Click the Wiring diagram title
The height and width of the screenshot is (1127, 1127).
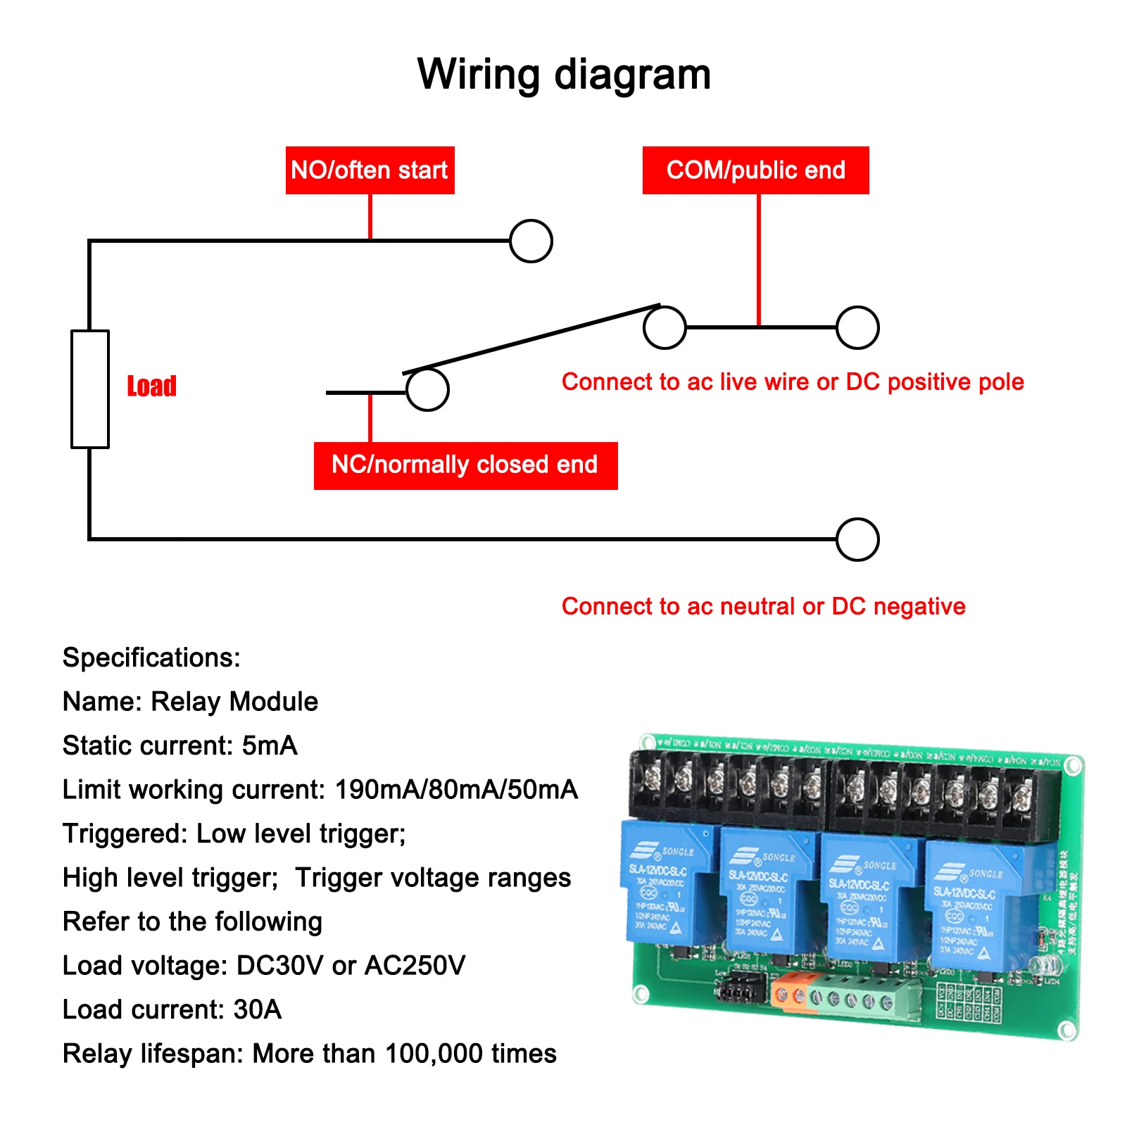tap(563, 75)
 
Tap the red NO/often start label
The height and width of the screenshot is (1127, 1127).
tap(370, 170)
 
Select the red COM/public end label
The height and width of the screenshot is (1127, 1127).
tap(755, 170)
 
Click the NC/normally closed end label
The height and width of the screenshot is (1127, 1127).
tap(465, 465)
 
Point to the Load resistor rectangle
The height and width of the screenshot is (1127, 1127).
tap(90, 389)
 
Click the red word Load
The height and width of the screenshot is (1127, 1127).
tap(151, 386)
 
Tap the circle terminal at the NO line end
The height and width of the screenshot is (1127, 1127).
tap(531, 241)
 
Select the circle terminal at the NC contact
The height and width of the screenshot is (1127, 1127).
tap(427, 390)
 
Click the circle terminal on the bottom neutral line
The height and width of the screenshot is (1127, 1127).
tap(857, 539)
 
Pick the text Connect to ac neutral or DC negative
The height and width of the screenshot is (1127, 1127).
tap(763, 606)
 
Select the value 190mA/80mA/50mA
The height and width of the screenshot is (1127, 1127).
tap(456, 790)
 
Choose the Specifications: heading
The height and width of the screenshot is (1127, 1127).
tap(151, 657)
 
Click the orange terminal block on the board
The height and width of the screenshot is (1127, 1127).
tap(790, 993)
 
